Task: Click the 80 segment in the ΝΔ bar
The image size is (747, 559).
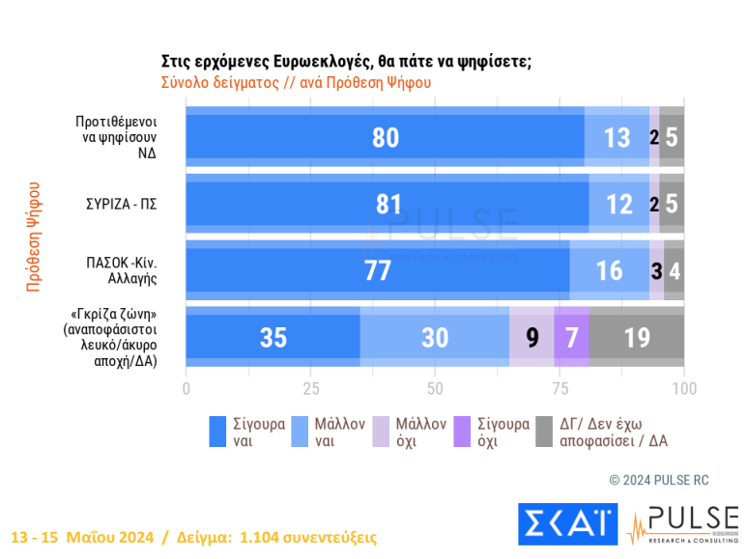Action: pyautogui.click(x=385, y=137)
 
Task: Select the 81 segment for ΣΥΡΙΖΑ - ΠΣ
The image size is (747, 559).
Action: pyautogui.click(x=388, y=204)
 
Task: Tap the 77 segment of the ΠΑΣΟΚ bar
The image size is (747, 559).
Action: pyautogui.click(x=377, y=270)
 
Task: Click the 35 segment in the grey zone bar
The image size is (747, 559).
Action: pyautogui.click(x=273, y=337)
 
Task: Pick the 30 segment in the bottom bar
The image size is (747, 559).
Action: pyautogui.click(x=435, y=337)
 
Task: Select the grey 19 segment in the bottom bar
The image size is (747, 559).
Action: pyautogui.click(x=637, y=337)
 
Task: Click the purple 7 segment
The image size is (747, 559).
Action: pyautogui.click(x=571, y=337)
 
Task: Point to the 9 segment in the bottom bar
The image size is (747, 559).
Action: pyautogui.click(x=532, y=337)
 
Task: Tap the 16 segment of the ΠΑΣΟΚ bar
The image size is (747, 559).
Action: pyautogui.click(x=609, y=270)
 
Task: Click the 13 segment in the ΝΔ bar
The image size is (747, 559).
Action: pyautogui.click(x=617, y=137)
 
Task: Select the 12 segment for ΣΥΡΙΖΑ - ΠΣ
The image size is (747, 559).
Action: pyautogui.click(x=618, y=204)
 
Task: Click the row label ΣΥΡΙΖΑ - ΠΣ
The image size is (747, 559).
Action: pyautogui.click(x=121, y=204)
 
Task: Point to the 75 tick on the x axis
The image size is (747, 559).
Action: pyautogui.click(x=560, y=388)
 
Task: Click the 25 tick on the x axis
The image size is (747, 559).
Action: pyautogui.click(x=310, y=388)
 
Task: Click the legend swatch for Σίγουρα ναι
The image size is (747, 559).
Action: pyautogui.click(x=218, y=433)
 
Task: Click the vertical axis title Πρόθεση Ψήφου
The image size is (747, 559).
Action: pyautogui.click(x=34, y=237)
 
